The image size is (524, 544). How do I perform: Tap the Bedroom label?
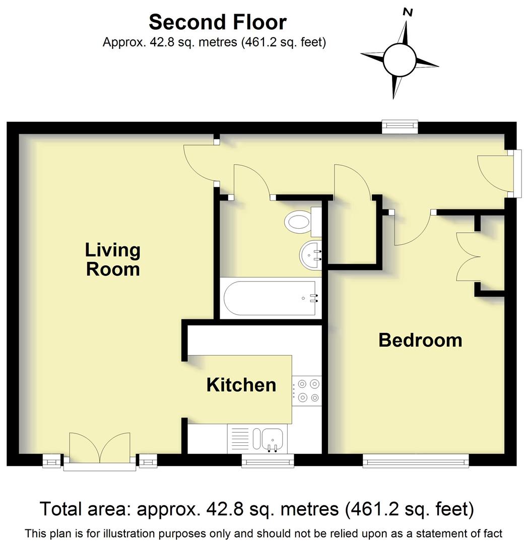click(x=420, y=340)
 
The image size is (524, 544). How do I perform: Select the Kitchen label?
click(x=241, y=385)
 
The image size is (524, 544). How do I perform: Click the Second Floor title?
click(x=218, y=22)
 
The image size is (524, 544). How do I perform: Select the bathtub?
click(x=271, y=298)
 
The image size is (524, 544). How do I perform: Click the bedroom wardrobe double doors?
click(x=469, y=256)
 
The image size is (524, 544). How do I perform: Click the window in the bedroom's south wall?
click(x=415, y=460)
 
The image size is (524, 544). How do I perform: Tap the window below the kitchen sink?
click(x=267, y=460)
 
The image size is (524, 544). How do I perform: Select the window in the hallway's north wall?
click(x=400, y=127)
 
